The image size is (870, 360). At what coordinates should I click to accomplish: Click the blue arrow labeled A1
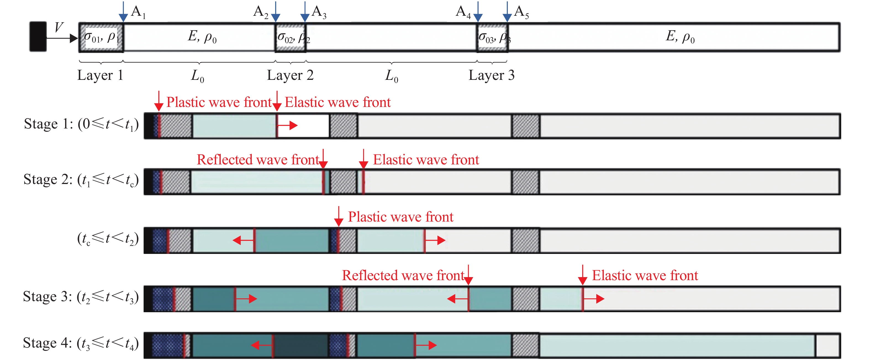click(x=123, y=12)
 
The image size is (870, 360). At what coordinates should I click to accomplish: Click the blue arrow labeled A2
click(x=276, y=12)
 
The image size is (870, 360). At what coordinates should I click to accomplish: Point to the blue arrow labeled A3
click(x=305, y=12)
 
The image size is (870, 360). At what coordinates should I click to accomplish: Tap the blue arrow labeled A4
click(x=478, y=12)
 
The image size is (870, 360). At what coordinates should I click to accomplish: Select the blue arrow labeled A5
click(x=507, y=12)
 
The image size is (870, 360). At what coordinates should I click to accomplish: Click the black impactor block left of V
click(x=38, y=36)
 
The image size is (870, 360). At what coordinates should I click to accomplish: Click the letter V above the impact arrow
click(x=59, y=27)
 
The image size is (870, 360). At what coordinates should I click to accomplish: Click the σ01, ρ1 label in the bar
click(x=101, y=36)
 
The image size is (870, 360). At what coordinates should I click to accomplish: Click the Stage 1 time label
click(x=81, y=124)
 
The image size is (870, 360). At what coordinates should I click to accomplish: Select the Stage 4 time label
click(x=81, y=343)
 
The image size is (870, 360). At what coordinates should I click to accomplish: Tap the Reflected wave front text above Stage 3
click(x=404, y=275)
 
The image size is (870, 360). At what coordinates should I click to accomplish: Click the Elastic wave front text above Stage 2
click(x=426, y=159)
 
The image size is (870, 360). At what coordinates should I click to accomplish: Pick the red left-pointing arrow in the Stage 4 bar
click(x=262, y=345)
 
